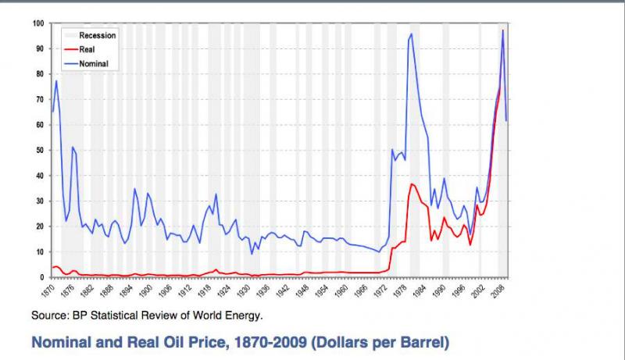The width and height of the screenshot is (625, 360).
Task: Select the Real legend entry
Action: [x=87, y=48]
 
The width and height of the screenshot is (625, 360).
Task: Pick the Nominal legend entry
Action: [x=93, y=62]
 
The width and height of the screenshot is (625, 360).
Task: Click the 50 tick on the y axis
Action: [x=40, y=150]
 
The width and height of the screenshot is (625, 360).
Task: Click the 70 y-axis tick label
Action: [x=40, y=99]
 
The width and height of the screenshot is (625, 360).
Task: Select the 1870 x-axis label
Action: [x=49, y=291]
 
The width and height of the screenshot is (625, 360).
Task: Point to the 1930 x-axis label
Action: [x=245, y=291]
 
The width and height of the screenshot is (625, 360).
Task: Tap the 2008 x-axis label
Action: [x=498, y=291]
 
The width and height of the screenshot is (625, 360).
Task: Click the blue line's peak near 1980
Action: [x=412, y=34]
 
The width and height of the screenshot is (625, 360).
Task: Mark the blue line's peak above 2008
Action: [x=503, y=30]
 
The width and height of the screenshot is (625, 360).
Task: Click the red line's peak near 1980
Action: [x=412, y=184]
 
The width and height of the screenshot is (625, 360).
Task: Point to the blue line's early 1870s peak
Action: [x=56, y=81]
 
